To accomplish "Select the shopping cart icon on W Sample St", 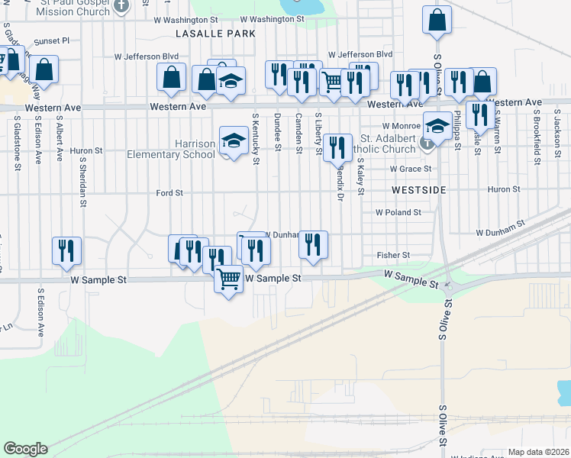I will tap(229, 281).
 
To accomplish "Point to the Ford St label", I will tap(169, 193).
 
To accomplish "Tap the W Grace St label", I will tap(410, 169).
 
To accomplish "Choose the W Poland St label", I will tap(398, 213).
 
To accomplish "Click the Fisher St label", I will tap(393, 255).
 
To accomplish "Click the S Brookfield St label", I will tap(537, 140).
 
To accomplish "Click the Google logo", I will tap(25, 449).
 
